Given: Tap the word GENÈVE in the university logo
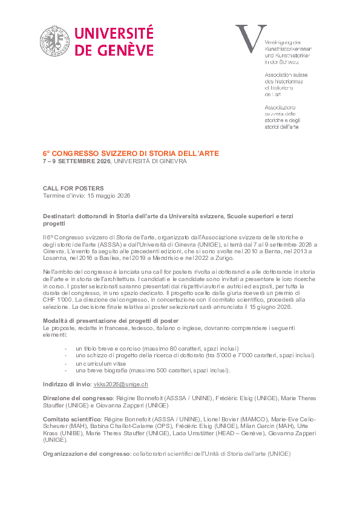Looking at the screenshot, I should coord(123,50).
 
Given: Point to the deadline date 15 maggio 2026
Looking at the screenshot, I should coord(109,196).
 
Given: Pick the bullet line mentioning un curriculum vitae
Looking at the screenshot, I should coord(97,363).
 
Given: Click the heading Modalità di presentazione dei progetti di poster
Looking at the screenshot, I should coord(110,319).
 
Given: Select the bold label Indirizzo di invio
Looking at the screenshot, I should coord(67,384).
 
